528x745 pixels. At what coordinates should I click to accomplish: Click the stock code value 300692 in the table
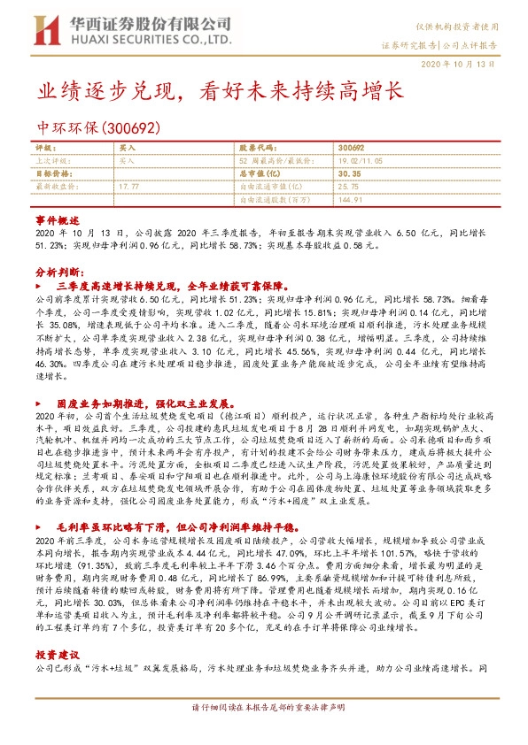352,147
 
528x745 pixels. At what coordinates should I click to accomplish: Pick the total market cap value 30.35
351,173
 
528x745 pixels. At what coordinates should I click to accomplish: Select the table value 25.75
348,187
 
